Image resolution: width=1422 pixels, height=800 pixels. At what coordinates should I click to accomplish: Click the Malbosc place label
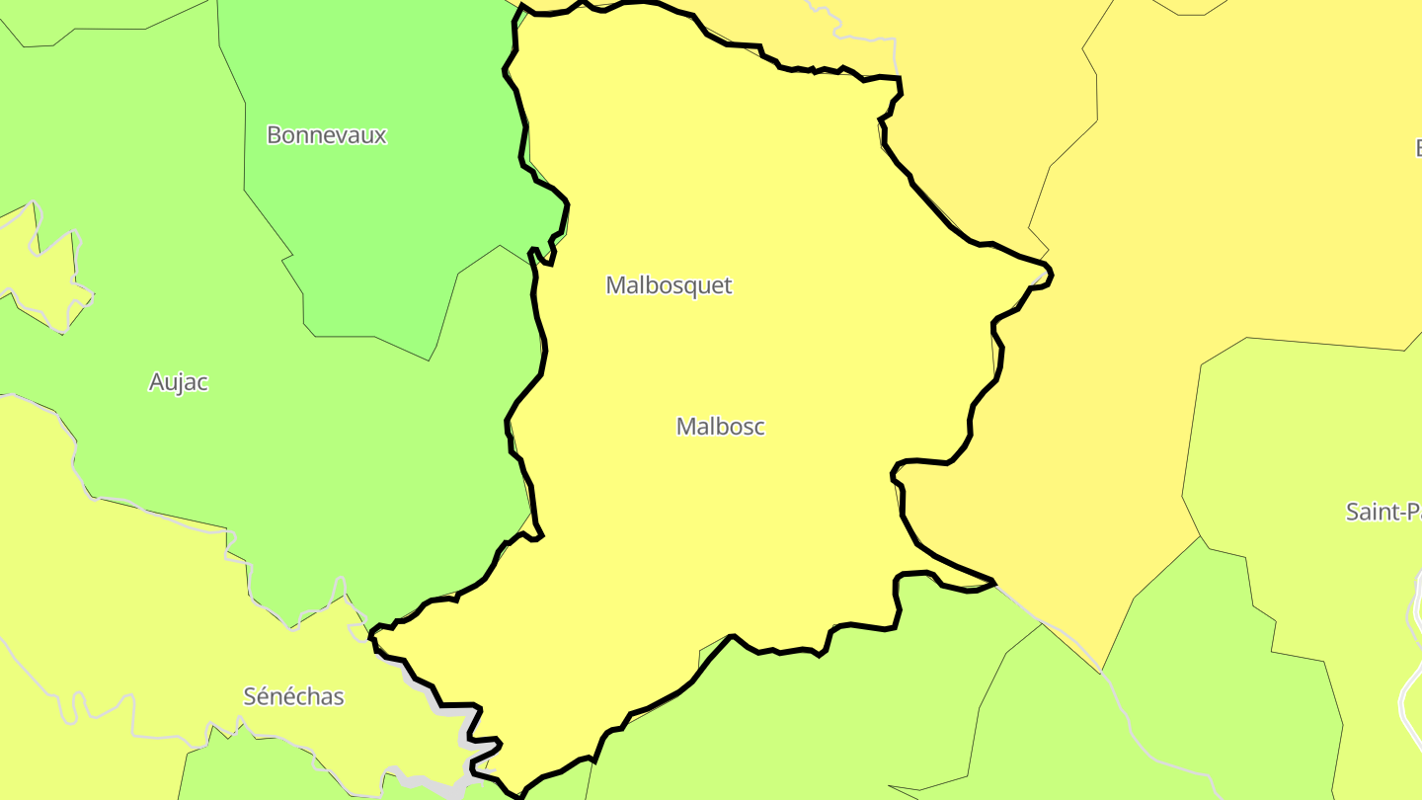tap(720, 427)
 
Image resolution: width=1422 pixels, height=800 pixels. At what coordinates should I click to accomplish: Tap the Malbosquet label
tap(669, 285)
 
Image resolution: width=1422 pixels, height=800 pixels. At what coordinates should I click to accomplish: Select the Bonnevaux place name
tap(326, 135)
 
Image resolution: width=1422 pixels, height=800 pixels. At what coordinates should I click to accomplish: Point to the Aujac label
tap(179, 382)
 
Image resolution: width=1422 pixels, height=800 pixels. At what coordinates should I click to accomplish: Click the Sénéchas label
tap(293, 696)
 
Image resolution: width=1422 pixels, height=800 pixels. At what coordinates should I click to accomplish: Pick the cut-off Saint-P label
tap(1383, 512)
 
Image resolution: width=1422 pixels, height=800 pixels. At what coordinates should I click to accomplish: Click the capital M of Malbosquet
tap(616, 285)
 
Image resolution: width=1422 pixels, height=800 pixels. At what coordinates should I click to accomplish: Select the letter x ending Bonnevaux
tap(380, 136)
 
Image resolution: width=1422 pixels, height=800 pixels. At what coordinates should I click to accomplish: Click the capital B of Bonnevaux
tap(275, 135)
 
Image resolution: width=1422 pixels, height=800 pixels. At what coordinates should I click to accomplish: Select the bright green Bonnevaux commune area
tap(385, 227)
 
